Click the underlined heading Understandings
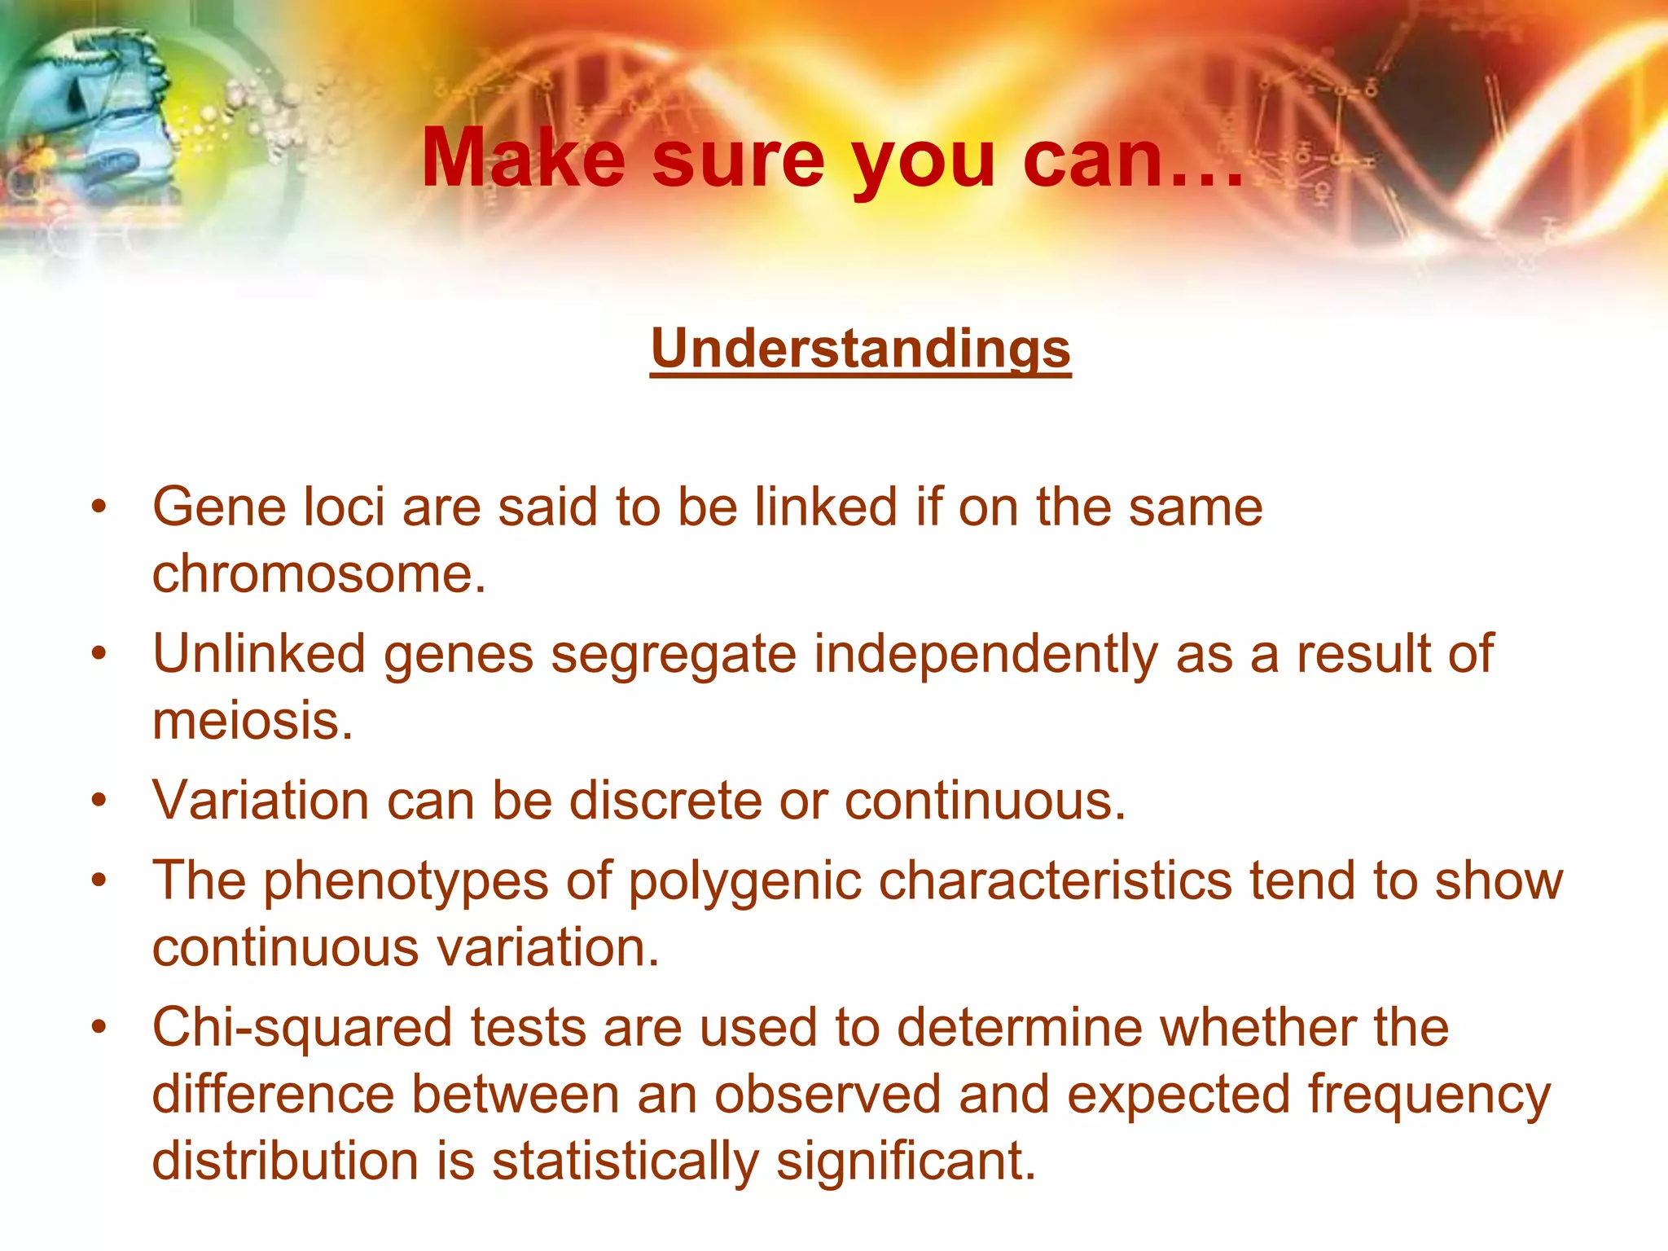[x=860, y=349]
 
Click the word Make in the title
[x=523, y=158]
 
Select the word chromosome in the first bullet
[x=318, y=573]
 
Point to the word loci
[x=343, y=507]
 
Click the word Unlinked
[x=259, y=653]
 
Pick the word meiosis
[x=252, y=720]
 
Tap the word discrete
[x=665, y=800]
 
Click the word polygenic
[x=744, y=881]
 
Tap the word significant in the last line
[x=906, y=1160]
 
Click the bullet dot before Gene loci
[x=99, y=507]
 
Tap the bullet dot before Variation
[x=99, y=800]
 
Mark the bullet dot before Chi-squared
[x=99, y=1027]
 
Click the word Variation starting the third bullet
[x=261, y=800]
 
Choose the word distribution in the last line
[x=285, y=1160]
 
